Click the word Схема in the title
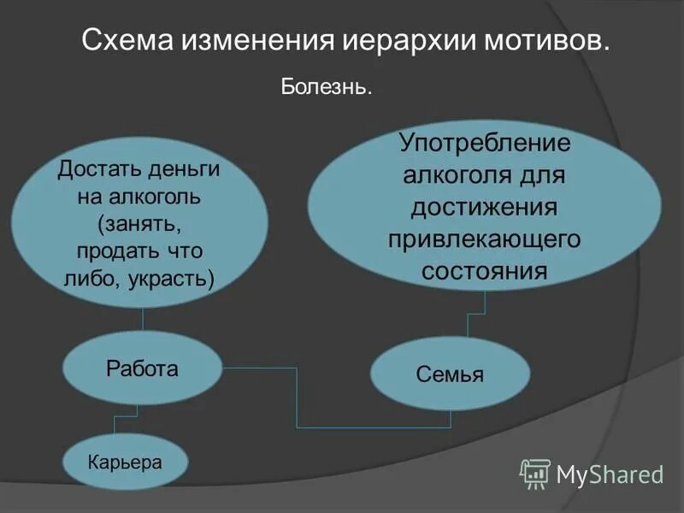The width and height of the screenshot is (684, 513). tap(125, 41)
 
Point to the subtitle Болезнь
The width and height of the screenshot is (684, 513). tap(326, 87)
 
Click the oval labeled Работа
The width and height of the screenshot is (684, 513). tap(142, 369)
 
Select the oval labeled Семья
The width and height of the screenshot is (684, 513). tap(450, 374)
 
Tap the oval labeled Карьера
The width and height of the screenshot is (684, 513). tap(125, 463)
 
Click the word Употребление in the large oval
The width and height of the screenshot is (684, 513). tap(484, 142)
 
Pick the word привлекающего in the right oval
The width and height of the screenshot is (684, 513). tap(484, 239)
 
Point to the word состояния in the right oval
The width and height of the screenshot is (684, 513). tap(484, 271)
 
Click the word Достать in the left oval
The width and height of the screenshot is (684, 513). tap(91, 168)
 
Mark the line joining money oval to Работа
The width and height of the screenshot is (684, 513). tap(142, 319)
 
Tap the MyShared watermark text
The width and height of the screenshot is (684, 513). tap(610, 474)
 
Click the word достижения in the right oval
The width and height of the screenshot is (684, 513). tap(484, 207)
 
